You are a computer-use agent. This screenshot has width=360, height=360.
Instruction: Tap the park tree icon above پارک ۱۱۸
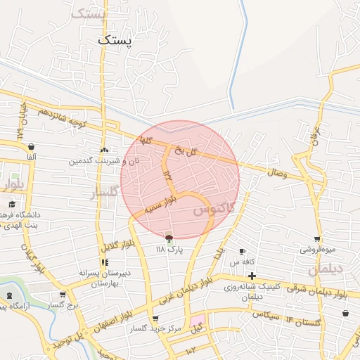[x=168, y=238]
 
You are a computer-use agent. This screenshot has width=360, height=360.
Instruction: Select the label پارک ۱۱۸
[x=169, y=250]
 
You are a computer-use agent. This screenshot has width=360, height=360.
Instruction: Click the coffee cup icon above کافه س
[x=243, y=251]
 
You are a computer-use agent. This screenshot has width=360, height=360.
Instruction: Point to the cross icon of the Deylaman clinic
[x=252, y=275]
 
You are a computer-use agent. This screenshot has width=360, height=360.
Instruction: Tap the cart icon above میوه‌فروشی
[x=318, y=239]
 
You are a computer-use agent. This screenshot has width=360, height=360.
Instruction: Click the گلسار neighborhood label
[x=106, y=193]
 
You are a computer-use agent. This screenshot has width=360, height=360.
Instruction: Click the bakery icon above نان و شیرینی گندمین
[x=104, y=150]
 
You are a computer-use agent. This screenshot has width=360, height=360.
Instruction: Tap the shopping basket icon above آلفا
[x=31, y=146]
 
